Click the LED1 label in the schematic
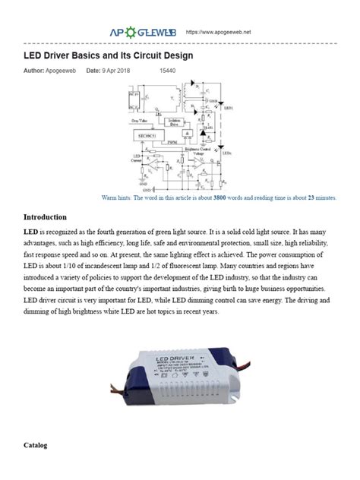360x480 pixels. click(x=228, y=108)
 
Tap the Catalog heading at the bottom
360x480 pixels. click(x=35, y=444)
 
